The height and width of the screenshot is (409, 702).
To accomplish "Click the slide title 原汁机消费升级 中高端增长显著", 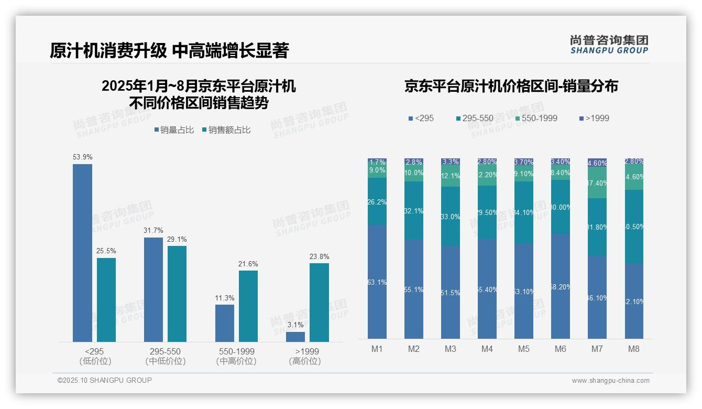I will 169,50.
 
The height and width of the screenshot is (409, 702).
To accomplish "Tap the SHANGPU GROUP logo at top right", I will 609,45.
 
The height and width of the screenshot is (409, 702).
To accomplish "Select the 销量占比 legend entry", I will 174,130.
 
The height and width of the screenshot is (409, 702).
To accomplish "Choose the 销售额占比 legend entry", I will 226,130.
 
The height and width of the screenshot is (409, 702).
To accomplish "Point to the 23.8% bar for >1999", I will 319,303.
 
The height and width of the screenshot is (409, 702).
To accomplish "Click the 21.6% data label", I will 248,264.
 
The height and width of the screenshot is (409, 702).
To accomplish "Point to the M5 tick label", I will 524,349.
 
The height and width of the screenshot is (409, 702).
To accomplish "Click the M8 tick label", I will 633,349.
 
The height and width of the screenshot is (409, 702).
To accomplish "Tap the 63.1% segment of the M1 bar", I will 377,282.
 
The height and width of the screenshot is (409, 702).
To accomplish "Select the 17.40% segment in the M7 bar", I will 597,183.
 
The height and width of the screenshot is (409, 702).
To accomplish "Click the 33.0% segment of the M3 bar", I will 450,217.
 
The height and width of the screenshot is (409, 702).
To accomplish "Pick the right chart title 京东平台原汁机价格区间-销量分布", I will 511,86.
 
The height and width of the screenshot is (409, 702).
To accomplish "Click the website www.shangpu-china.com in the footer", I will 610,381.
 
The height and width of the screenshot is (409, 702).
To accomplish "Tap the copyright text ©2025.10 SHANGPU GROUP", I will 105,380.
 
